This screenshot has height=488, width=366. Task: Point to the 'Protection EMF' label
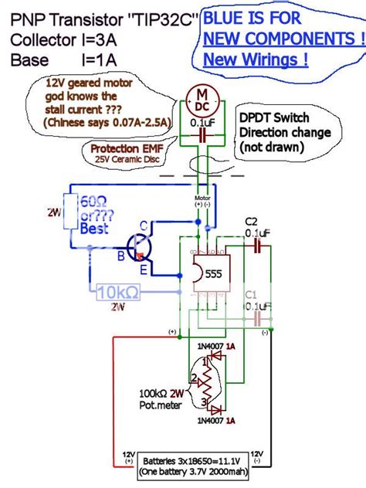click(x=124, y=147)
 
